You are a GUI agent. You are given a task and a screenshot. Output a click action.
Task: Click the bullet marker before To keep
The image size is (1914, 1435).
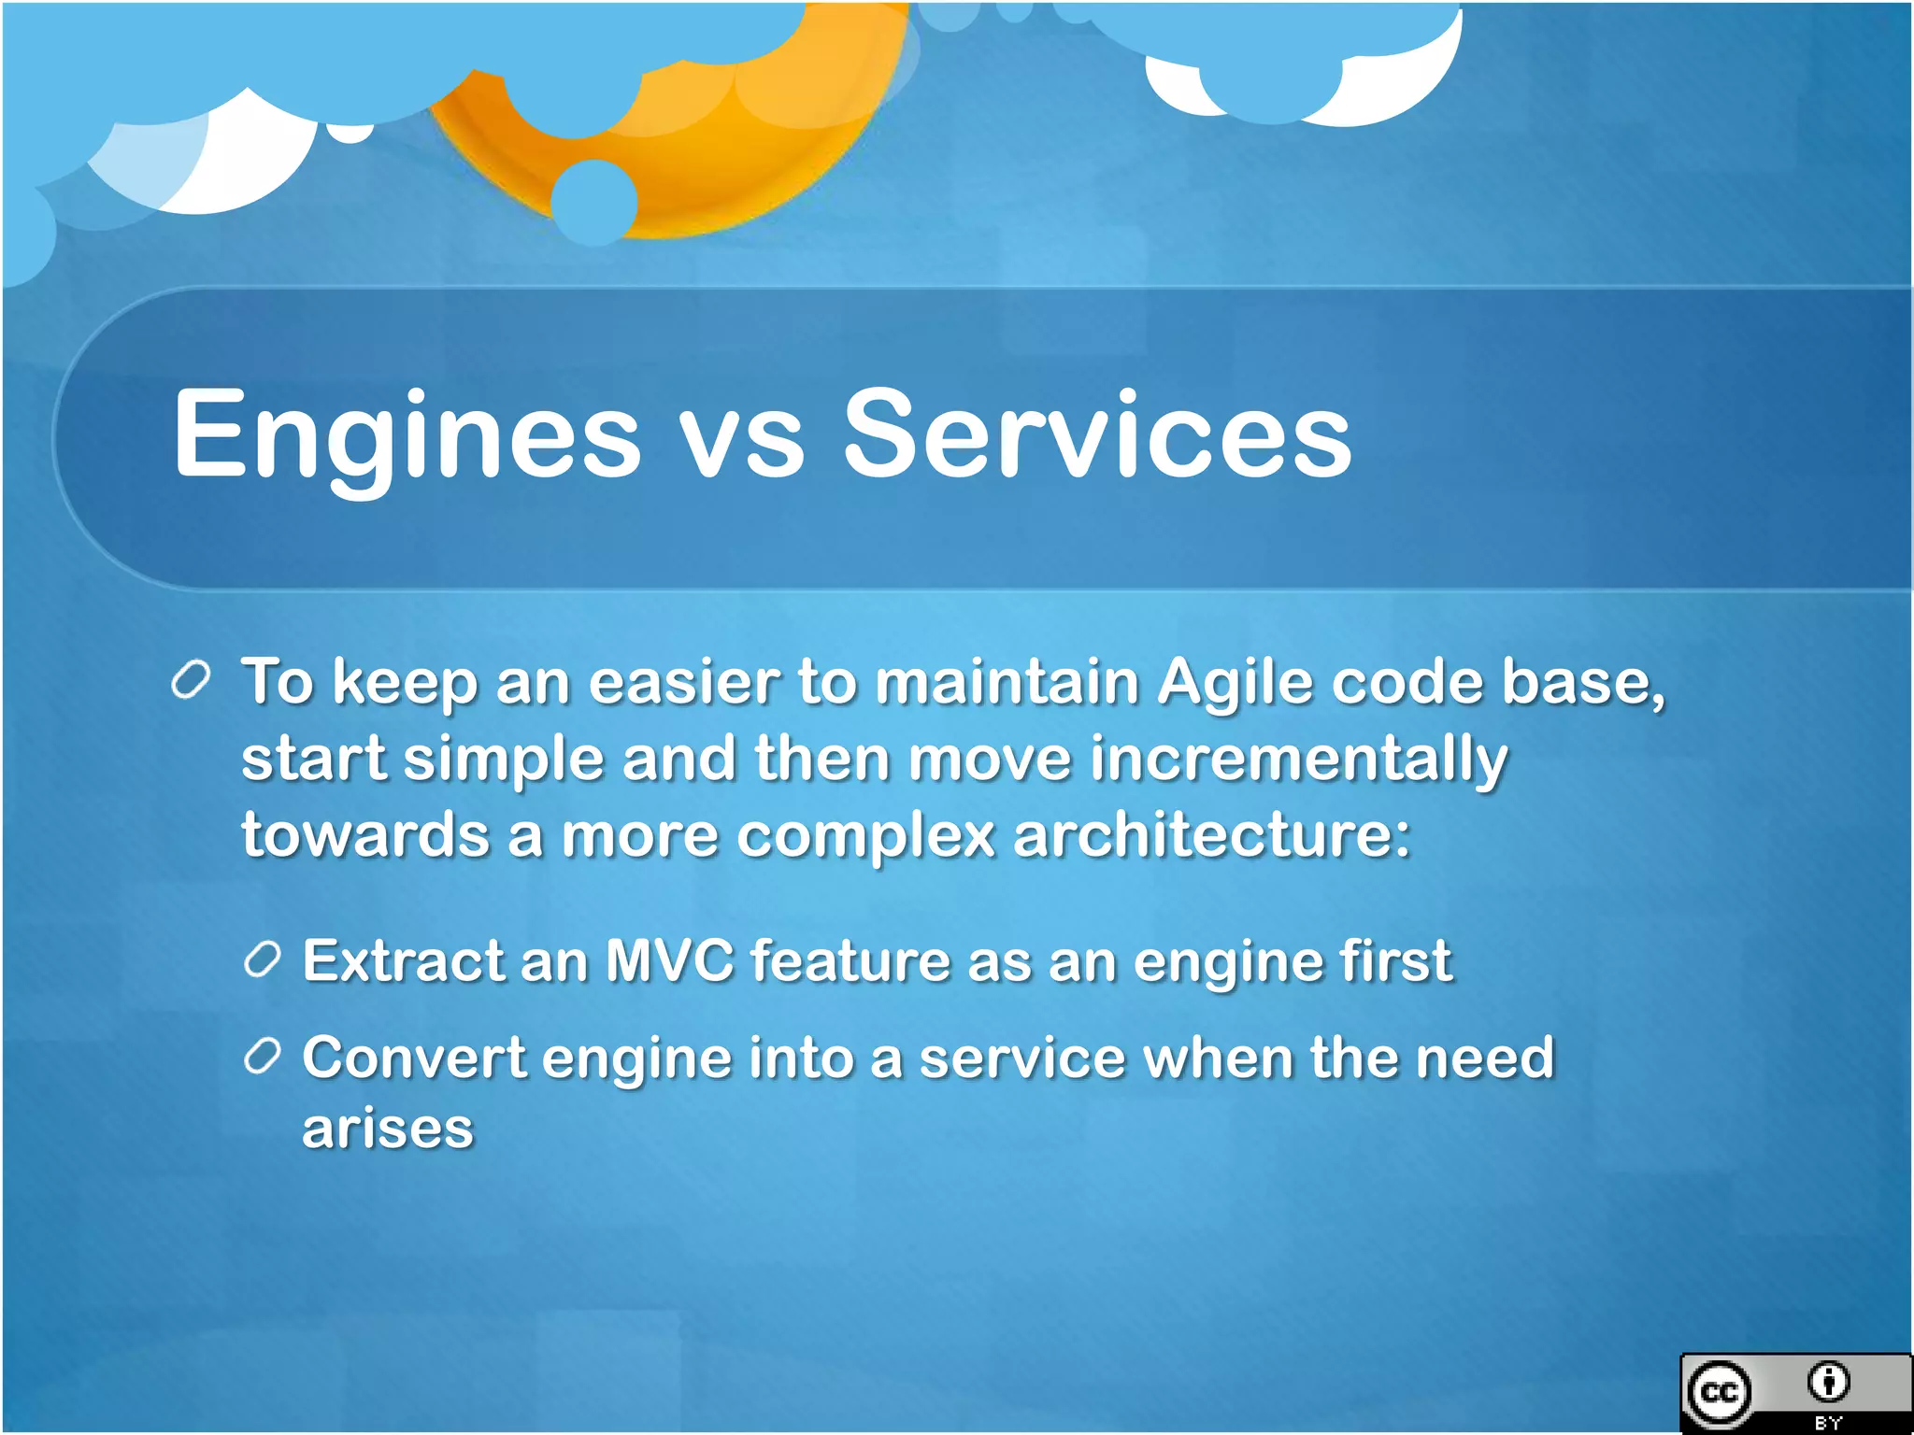pyautogui.click(x=192, y=681)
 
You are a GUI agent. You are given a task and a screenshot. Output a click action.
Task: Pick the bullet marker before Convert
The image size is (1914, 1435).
pyautogui.click(x=263, y=1057)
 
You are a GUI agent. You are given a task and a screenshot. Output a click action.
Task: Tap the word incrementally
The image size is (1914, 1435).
pyautogui.click(x=1298, y=759)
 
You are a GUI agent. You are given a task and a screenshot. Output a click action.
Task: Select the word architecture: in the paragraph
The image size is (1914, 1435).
pyautogui.click(x=1211, y=834)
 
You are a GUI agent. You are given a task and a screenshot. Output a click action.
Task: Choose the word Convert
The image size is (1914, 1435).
pyautogui.click(x=414, y=1058)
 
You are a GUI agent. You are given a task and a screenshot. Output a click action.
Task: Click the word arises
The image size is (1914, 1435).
pyautogui.click(x=388, y=1129)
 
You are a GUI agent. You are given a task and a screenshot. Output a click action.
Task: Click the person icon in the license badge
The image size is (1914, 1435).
pyautogui.click(x=1828, y=1382)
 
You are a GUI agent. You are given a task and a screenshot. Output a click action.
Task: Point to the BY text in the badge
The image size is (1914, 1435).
pyautogui.click(x=1828, y=1423)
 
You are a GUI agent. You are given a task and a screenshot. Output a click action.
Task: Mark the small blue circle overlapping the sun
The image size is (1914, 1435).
pyautogui.click(x=594, y=202)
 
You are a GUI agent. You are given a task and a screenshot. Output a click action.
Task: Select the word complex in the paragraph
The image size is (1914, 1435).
pyautogui.click(x=865, y=834)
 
